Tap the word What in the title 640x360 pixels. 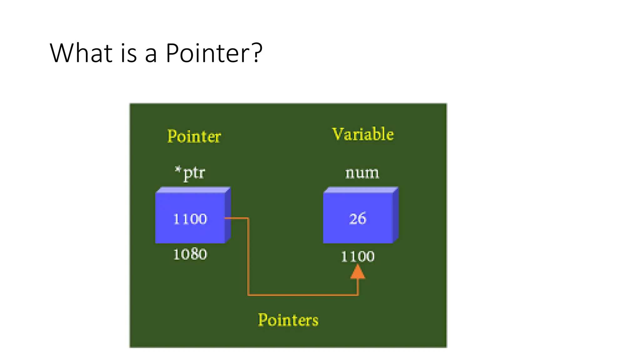[81, 53]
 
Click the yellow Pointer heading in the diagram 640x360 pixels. [194, 136]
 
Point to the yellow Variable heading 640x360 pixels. [363, 134]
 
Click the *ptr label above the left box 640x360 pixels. [190, 172]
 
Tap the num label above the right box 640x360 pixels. [362, 173]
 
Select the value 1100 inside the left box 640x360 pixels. [190, 219]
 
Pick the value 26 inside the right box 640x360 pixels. [357, 218]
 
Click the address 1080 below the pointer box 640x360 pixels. [190, 254]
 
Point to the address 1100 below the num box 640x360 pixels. [357, 257]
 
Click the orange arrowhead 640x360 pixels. [358, 272]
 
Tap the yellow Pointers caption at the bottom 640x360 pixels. [288, 320]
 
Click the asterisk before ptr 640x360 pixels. [178, 170]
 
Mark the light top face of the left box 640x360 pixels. [193, 190]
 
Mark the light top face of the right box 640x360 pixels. [361, 190]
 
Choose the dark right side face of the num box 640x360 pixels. [396, 215]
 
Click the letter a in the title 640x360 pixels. [151, 54]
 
